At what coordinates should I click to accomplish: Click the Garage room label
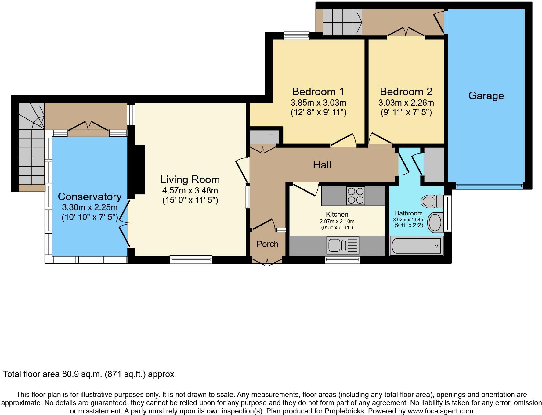click(x=486, y=96)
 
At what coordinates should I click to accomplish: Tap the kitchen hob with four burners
click(x=356, y=195)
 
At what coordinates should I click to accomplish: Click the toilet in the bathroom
click(x=432, y=201)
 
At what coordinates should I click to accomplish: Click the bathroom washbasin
click(x=435, y=222)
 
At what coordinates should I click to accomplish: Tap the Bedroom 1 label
click(x=318, y=92)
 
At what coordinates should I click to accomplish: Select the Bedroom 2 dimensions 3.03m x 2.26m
click(x=406, y=103)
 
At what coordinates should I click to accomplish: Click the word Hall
click(x=322, y=165)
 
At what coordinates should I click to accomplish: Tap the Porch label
click(x=267, y=244)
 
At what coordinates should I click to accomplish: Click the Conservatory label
click(x=90, y=197)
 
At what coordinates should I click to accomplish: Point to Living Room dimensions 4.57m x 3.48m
click(x=190, y=191)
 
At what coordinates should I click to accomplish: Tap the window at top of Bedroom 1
click(x=296, y=36)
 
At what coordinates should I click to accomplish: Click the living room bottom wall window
click(x=191, y=259)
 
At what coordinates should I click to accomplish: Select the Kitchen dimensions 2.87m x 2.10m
click(x=337, y=221)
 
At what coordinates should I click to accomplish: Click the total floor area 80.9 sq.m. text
click(x=89, y=374)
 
